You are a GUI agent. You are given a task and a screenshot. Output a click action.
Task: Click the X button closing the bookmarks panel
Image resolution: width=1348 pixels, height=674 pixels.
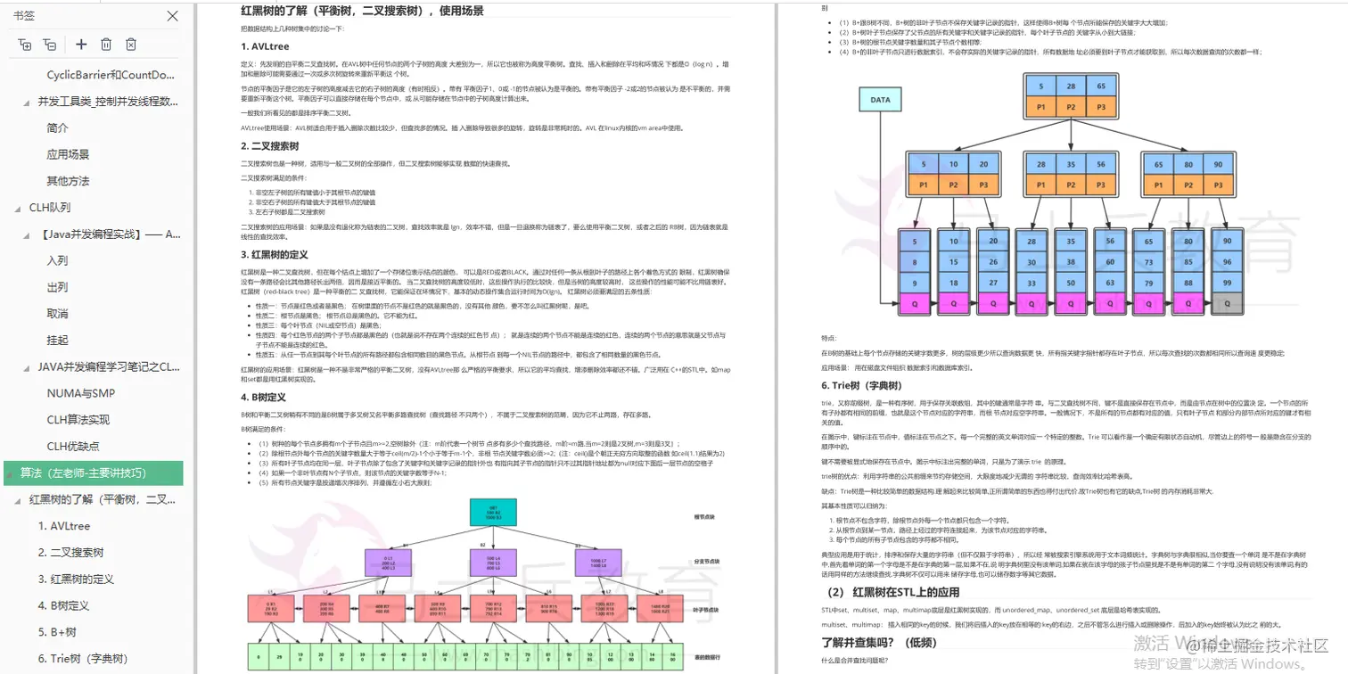[x=173, y=16]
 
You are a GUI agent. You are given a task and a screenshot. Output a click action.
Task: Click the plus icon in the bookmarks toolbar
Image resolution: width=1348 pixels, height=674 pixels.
[x=81, y=45]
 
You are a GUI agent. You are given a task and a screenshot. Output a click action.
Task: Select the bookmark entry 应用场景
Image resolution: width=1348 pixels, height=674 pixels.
[x=68, y=154]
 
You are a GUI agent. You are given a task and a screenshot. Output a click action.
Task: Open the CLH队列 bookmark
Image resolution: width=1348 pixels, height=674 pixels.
[x=49, y=208]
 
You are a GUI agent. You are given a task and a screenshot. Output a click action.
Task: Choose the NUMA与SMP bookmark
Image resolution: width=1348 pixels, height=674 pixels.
[x=80, y=393]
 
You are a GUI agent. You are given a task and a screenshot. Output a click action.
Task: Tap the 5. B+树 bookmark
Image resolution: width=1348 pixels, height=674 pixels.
[x=57, y=632]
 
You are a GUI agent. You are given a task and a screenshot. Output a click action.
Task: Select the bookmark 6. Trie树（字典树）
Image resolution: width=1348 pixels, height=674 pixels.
[x=83, y=659]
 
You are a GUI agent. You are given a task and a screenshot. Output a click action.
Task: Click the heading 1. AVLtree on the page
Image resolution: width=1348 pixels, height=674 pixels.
[x=265, y=46]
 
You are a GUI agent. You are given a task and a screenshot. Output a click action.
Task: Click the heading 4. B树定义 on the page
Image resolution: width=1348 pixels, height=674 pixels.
[x=264, y=397]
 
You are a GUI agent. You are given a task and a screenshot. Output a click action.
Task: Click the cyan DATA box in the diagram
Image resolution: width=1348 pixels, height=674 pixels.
[x=880, y=100]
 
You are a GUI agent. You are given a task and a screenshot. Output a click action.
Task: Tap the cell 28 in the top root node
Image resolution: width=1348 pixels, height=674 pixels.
[x=1072, y=86]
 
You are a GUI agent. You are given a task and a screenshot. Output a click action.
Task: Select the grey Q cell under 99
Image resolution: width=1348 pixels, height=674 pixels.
[x=1227, y=303]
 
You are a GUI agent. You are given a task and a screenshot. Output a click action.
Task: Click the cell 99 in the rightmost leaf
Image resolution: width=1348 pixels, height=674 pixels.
[x=1227, y=283]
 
